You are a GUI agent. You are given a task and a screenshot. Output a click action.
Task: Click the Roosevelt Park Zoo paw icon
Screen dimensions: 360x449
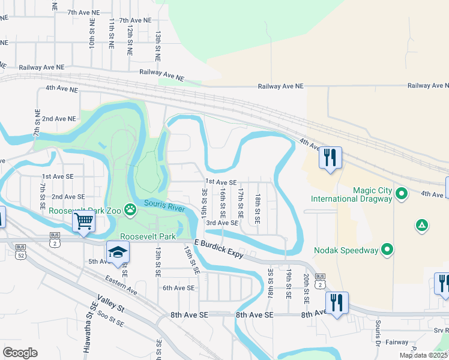pos(130,209)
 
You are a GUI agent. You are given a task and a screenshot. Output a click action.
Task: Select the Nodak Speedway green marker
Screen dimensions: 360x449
pos(388,249)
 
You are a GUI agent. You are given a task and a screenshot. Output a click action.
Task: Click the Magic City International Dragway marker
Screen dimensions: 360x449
pos(403,194)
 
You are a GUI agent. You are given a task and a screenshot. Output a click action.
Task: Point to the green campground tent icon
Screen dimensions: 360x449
pos(422,225)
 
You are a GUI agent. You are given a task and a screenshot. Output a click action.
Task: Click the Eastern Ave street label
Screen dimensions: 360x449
pos(120,284)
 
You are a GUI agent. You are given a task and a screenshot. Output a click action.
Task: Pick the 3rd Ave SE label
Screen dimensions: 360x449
pos(222,223)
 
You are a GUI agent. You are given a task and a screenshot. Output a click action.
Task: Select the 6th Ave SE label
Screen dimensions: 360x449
pos(179,287)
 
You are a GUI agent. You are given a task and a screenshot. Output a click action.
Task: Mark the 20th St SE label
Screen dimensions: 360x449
pos(306,287)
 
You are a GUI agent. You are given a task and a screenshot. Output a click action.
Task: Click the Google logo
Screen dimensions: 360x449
pos(20,352)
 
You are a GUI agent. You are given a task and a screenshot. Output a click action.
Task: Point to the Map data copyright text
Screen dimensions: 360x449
pos(423,355)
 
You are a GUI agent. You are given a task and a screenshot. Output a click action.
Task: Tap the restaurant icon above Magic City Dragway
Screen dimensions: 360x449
pos(330,158)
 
